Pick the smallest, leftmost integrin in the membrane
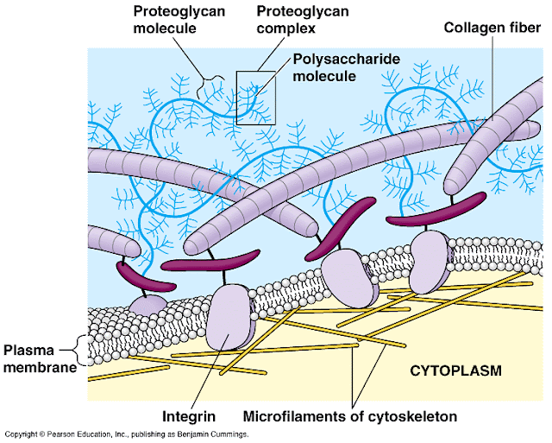point(147,303)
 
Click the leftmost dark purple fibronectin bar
point(139,275)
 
